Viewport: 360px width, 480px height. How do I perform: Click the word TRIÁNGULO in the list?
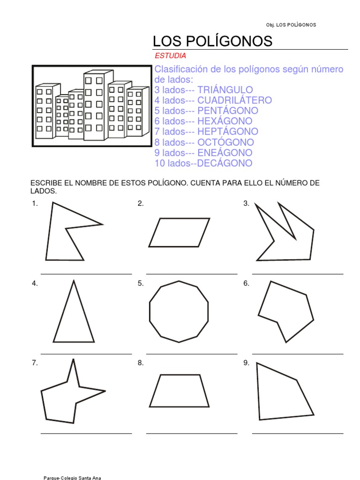tap(225, 90)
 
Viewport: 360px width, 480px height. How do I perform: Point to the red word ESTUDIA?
tap(171, 56)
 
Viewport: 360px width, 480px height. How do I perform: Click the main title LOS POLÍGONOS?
tap(212, 41)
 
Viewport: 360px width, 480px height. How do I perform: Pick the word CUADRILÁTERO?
tap(234, 100)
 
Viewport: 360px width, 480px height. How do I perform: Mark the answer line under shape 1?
tap(86, 274)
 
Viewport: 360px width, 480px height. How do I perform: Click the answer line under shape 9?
tap(298, 434)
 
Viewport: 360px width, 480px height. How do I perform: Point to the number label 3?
tap(246, 203)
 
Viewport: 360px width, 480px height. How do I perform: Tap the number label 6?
tap(246, 283)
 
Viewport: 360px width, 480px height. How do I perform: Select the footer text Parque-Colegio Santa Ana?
tap(72, 478)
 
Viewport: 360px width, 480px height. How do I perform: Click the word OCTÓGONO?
tap(226, 142)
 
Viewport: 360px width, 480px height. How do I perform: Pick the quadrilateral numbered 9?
tap(281, 394)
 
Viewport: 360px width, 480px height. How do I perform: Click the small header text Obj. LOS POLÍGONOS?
tap(291, 25)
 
